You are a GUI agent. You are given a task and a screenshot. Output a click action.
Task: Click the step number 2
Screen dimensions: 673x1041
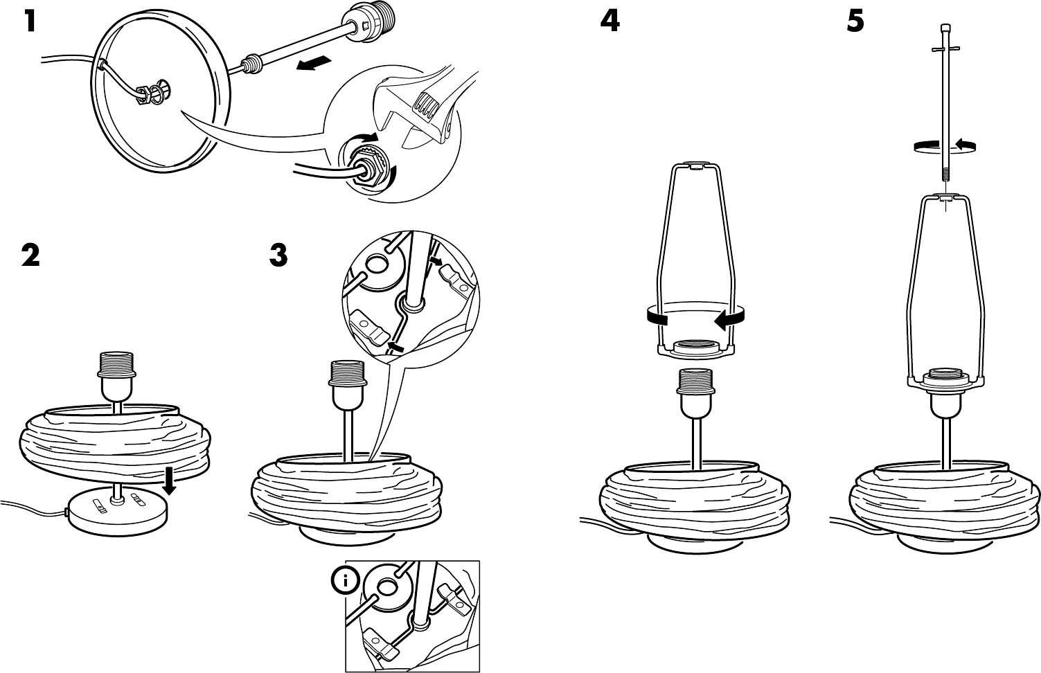(x=30, y=255)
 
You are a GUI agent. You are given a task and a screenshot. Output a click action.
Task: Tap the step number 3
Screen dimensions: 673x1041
(x=278, y=255)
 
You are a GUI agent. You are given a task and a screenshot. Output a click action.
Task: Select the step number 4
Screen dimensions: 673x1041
(x=610, y=22)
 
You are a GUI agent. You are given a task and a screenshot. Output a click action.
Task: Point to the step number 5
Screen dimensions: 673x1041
(x=855, y=22)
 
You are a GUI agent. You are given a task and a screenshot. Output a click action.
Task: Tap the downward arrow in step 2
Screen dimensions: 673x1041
(x=168, y=480)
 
